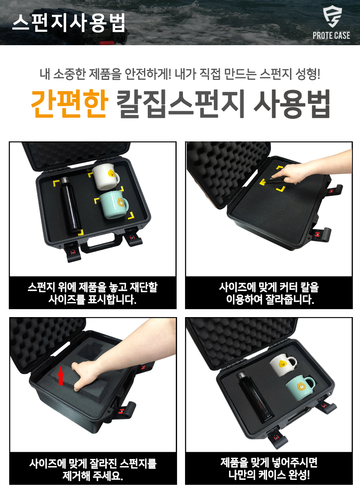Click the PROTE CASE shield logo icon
[x=332, y=17]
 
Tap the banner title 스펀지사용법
[x=69, y=23]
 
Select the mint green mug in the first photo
[x=114, y=205]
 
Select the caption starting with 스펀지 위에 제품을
[x=93, y=293]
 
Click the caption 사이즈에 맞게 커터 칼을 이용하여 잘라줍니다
[x=269, y=293]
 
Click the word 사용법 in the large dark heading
[x=292, y=104]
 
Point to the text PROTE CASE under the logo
[x=331, y=36]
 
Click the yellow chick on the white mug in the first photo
[x=111, y=173]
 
